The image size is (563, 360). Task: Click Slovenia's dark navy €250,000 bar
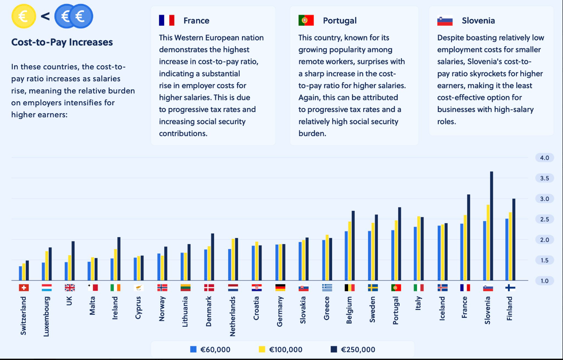click(x=492, y=226)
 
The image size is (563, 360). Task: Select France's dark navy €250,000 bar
click(x=468, y=237)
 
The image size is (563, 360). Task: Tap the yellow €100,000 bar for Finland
click(x=510, y=246)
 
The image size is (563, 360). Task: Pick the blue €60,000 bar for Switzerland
click(x=20, y=273)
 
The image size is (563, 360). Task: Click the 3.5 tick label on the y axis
click(x=544, y=178)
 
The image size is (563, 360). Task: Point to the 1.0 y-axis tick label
click(x=544, y=281)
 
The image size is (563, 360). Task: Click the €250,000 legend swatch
click(x=334, y=349)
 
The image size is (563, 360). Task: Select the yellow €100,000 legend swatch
click(x=262, y=349)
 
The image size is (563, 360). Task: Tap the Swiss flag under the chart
click(x=24, y=288)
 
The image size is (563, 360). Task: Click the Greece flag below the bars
click(x=327, y=288)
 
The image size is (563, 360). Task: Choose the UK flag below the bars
click(x=70, y=288)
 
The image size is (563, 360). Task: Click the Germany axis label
click(x=279, y=312)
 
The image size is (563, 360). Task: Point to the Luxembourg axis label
click(x=46, y=316)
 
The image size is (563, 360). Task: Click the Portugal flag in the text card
click(x=306, y=20)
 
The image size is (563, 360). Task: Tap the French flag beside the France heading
click(x=167, y=20)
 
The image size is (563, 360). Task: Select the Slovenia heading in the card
click(x=478, y=20)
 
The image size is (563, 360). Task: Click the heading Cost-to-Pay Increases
click(x=62, y=42)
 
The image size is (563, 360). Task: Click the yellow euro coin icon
click(x=24, y=16)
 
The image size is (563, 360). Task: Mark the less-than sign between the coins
click(x=45, y=16)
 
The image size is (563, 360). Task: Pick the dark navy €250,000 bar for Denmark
click(x=212, y=257)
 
